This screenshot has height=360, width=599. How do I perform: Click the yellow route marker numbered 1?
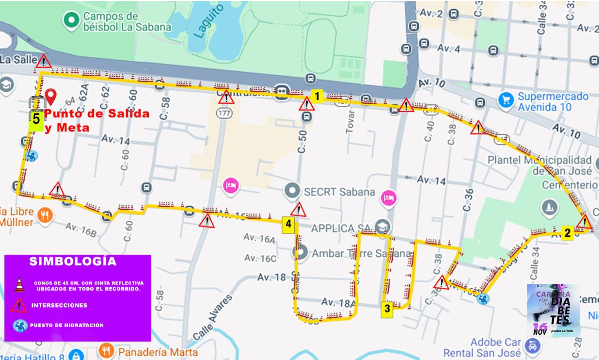pos(317,96)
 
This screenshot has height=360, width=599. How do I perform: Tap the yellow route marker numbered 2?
pos(567,233)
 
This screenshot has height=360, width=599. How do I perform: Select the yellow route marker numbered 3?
pos(387,308)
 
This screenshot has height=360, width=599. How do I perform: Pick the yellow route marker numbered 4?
pos(288,224)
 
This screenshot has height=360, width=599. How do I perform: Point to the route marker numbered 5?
pos(36,119)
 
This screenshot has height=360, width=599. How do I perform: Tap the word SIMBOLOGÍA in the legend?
pos(73,261)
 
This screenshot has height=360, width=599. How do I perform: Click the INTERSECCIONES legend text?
pos(59,305)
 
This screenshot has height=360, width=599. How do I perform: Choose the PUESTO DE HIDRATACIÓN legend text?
pos(67,325)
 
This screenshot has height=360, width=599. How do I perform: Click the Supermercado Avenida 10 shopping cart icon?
pos(506,100)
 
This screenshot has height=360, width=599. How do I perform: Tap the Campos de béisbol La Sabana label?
pos(127,22)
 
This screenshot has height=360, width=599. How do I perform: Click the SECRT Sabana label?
pos(339,192)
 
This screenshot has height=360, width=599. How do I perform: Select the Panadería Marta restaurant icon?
pos(106,351)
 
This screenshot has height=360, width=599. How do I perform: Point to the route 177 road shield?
pos(224,113)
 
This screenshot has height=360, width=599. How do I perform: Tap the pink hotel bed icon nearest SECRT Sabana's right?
pos(389,197)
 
